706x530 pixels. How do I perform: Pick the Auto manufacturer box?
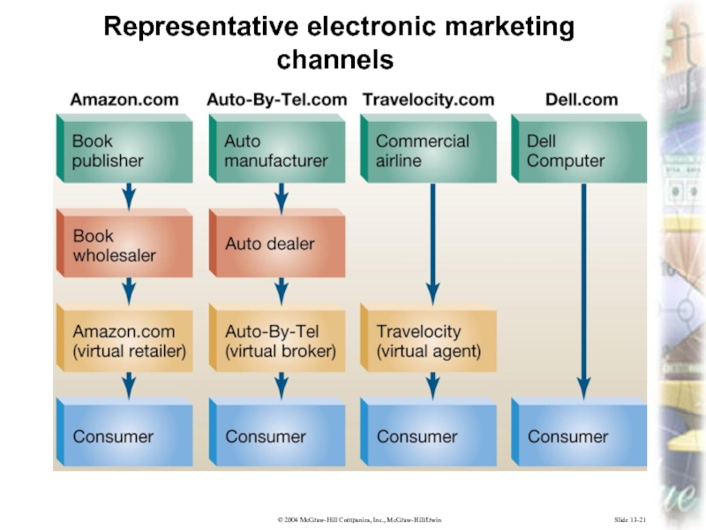point(276,151)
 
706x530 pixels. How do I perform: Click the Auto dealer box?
point(276,244)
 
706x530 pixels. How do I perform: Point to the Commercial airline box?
point(428,151)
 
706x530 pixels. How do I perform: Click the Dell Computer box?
point(578,151)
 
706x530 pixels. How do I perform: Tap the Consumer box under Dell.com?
point(578,435)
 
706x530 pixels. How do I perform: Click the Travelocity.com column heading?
point(428,100)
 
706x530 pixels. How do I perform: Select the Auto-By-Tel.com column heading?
point(276,100)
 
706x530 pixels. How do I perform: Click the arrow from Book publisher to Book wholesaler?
point(129,196)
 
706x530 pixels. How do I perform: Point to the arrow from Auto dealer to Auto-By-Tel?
point(281,291)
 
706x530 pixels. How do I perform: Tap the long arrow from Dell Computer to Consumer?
point(583,291)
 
